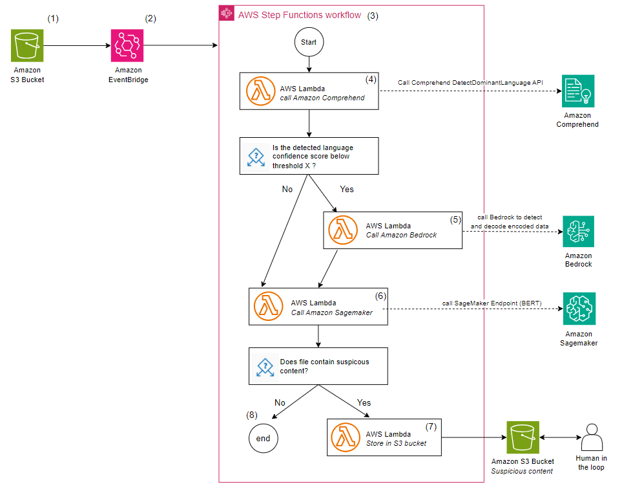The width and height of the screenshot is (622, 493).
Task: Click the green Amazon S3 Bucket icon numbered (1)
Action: coord(28,46)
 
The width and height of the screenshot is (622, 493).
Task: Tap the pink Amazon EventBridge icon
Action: coord(127,46)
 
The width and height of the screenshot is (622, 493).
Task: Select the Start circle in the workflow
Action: coord(309,43)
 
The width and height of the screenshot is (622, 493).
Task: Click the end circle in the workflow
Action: coord(264,438)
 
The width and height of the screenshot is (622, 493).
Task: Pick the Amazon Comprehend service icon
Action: coord(577,91)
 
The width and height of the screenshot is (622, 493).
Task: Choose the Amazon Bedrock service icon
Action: coord(577,232)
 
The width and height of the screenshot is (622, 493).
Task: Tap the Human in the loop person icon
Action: coord(591,438)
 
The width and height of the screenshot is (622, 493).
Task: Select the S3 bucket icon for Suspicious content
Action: coord(523,438)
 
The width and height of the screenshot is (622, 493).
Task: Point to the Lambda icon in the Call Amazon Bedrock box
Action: coord(344,230)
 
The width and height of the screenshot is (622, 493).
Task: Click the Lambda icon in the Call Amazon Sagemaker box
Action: coord(269,306)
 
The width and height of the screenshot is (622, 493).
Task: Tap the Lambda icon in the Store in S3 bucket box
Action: coord(346,437)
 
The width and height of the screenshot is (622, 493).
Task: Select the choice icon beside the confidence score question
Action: coord(256,156)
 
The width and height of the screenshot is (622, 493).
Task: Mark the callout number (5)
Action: coord(455,219)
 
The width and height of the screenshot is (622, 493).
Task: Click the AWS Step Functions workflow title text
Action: coord(300,15)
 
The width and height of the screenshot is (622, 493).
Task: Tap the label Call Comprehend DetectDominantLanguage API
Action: coord(470,82)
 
